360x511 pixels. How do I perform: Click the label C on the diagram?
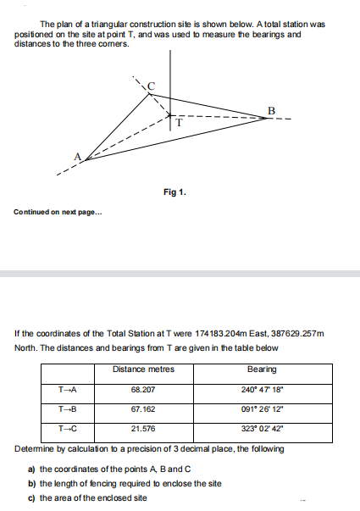click(x=152, y=85)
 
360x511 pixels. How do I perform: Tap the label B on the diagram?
click(x=270, y=110)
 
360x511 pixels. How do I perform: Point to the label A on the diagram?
click(x=78, y=156)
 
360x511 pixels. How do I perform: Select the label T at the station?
click(x=179, y=123)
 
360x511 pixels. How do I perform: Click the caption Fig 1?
click(x=176, y=192)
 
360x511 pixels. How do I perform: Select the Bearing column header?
click(x=261, y=369)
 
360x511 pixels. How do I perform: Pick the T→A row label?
click(x=68, y=389)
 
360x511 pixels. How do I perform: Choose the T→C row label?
click(x=68, y=428)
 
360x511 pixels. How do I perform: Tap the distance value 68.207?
click(x=142, y=389)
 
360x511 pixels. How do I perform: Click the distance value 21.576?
click(x=142, y=428)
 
